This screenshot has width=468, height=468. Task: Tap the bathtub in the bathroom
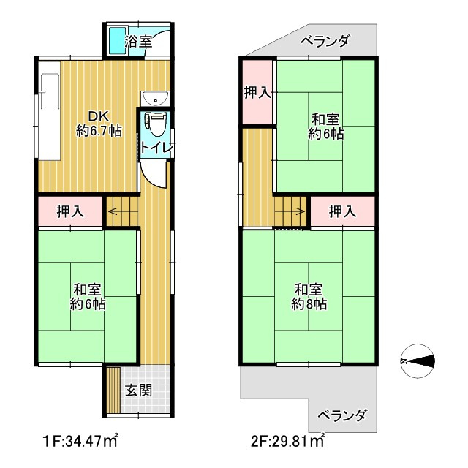pos(118,41)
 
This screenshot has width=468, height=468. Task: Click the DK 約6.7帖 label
pos(99,124)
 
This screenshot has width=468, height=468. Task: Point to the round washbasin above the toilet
pos(156,99)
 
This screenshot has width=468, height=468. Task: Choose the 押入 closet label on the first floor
pos(70,212)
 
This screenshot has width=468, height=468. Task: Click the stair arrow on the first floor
pos(117,213)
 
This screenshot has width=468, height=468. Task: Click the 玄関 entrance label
pos(138,389)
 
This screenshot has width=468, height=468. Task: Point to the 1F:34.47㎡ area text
pos(80,441)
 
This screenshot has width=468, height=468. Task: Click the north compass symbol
pos(418,361)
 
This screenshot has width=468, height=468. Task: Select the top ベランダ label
pos(325,41)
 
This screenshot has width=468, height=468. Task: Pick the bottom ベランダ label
pos(342,415)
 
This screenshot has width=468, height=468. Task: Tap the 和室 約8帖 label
pos(309,295)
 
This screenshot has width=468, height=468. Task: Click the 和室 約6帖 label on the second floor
pos(325,126)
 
